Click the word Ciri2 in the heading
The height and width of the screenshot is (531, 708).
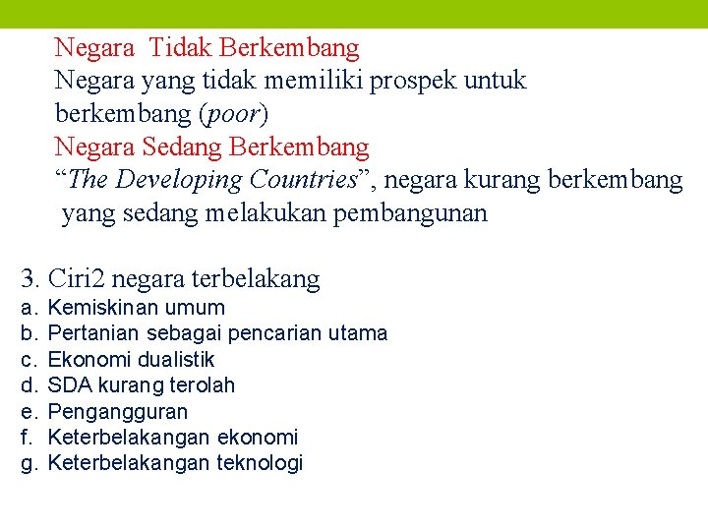[80, 279]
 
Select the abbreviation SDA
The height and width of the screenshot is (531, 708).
[66, 385]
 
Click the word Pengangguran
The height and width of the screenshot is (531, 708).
[118, 412]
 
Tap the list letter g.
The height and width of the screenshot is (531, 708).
[28, 463]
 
